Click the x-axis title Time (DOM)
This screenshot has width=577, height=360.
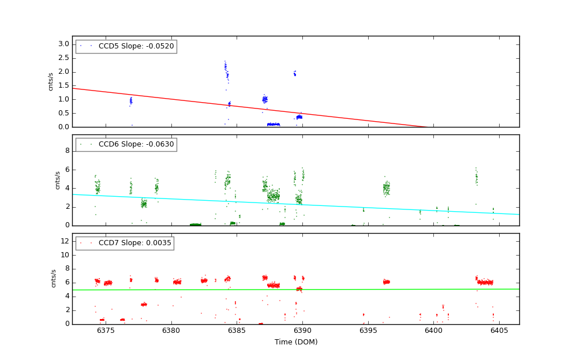pyautogui.click(x=295, y=342)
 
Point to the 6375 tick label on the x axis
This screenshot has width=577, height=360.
pyautogui.click(x=106, y=331)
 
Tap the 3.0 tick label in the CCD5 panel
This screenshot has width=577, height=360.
pyautogui.click(x=63, y=44)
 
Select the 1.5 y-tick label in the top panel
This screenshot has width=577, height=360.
pyautogui.click(x=63, y=85)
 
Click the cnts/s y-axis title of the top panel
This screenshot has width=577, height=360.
pyautogui.click(x=51, y=81)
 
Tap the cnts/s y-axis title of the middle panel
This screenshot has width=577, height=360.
pyautogui.click(x=57, y=180)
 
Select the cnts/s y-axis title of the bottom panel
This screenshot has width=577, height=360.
pyautogui.click(x=54, y=279)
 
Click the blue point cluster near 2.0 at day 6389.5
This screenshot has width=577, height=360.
pyautogui.click(x=294, y=74)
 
